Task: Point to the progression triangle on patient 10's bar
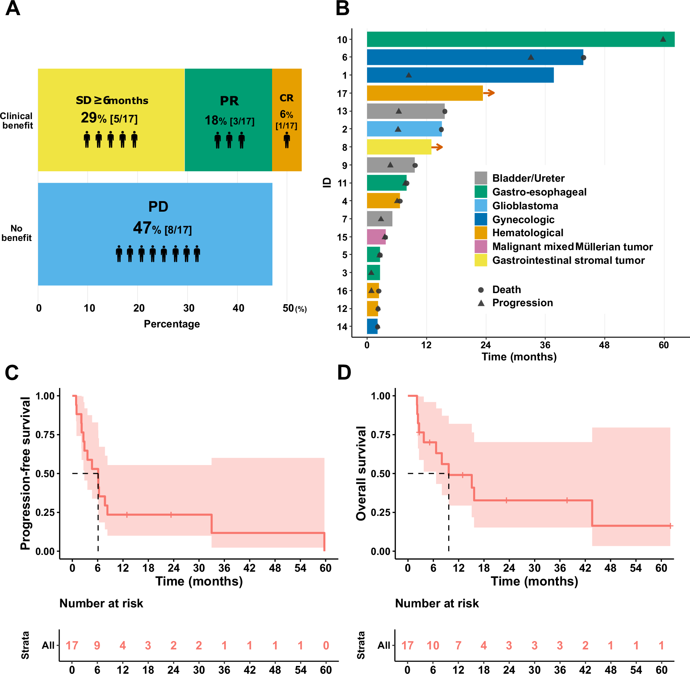[x=663, y=39]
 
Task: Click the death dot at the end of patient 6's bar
[x=583, y=58]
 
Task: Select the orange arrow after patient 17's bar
[x=489, y=93]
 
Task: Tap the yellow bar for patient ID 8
[x=399, y=147]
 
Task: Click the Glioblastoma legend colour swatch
[x=481, y=206]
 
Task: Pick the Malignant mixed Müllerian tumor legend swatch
[x=481, y=247]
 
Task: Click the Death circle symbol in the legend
[x=481, y=290]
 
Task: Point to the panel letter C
[x=12, y=373]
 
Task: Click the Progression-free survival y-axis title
[x=25, y=473]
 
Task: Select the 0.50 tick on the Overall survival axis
[x=380, y=474]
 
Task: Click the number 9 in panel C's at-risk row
[x=97, y=645]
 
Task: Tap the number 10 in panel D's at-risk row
[x=433, y=645]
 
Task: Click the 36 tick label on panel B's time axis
[x=545, y=345]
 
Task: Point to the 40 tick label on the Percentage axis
[x=238, y=308]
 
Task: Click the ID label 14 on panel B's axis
[x=342, y=327]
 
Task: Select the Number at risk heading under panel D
[x=437, y=603]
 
